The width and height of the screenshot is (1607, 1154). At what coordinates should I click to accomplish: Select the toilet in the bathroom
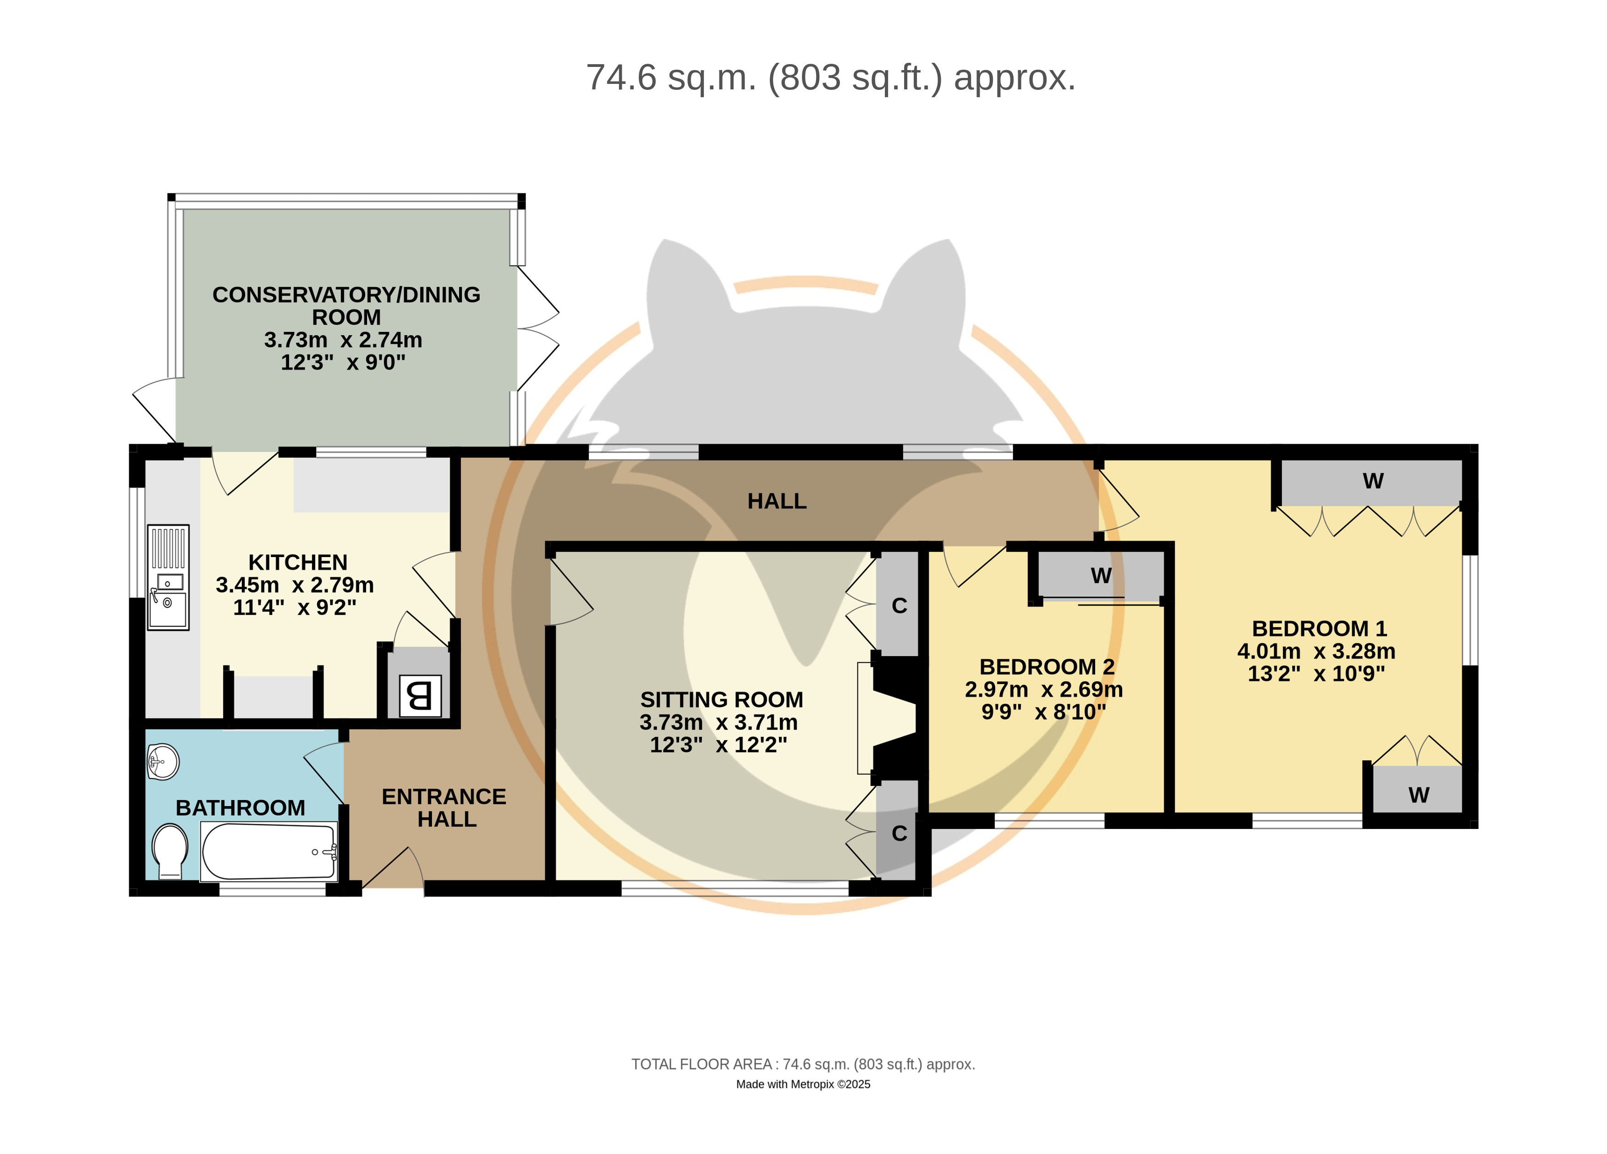170,850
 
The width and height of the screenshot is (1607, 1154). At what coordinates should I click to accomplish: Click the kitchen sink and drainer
168,577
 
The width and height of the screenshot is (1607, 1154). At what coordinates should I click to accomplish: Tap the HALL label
777,501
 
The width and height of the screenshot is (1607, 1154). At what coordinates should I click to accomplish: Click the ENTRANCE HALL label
444,807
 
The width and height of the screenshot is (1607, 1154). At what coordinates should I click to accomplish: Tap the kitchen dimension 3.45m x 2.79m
295,585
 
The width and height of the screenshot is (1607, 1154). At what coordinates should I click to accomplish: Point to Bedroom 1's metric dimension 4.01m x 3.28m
1316,651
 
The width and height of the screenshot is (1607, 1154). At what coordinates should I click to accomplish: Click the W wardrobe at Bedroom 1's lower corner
1417,789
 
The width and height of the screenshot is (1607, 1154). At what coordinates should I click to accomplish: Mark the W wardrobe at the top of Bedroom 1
1372,482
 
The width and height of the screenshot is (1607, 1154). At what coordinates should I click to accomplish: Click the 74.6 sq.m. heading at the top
830,77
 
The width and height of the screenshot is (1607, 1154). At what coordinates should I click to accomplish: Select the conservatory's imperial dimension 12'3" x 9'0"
343,362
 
